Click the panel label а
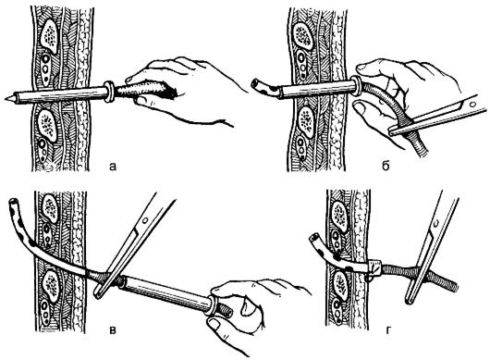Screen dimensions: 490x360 click(113, 167)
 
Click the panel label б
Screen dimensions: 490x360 click(386, 166)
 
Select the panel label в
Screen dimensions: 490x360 click(113, 330)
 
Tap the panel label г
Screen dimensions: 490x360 click(388, 329)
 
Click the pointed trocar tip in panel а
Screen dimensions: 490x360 click(6, 98)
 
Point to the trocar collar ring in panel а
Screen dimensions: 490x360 click(109, 92)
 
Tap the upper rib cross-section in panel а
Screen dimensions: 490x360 click(49, 36)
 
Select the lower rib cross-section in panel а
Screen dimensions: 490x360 click(47, 125)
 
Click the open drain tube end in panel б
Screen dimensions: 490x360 click(254, 84)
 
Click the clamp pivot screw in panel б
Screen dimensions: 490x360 click(472, 105)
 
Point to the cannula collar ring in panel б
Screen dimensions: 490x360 click(356, 85)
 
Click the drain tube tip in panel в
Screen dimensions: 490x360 click(14, 202)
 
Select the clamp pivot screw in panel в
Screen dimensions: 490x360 click(144, 220)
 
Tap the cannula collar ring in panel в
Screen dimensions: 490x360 click(213, 306)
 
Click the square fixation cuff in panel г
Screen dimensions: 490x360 click(375, 268)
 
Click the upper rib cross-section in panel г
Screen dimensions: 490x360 click(339, 217)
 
